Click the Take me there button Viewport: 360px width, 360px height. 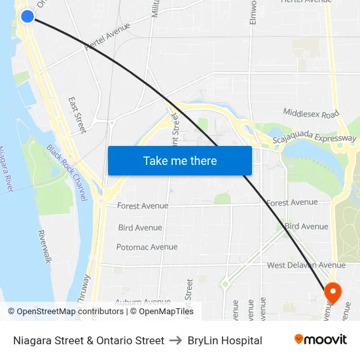tap(180, 160)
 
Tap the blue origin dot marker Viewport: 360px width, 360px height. tap(27, 16)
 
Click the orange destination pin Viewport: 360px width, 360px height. tap(332, 292)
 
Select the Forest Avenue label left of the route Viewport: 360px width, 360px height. tap(143, 206)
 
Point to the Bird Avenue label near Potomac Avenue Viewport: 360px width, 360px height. tap(140, 228)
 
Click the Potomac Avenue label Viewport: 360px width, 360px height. tap(147, 247)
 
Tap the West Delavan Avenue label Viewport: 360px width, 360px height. tap(306, 265)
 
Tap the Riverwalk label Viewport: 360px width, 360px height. tap(45, 247)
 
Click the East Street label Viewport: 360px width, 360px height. tap(77, 115)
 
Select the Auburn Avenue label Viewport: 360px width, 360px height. tap(143, 302)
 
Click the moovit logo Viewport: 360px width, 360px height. tap(320, 340)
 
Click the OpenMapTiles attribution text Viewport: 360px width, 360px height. tap(162, 312)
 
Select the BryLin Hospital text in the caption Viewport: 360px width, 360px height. tap(225, 340)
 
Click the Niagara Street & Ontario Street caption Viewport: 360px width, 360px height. tap(88, 340)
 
